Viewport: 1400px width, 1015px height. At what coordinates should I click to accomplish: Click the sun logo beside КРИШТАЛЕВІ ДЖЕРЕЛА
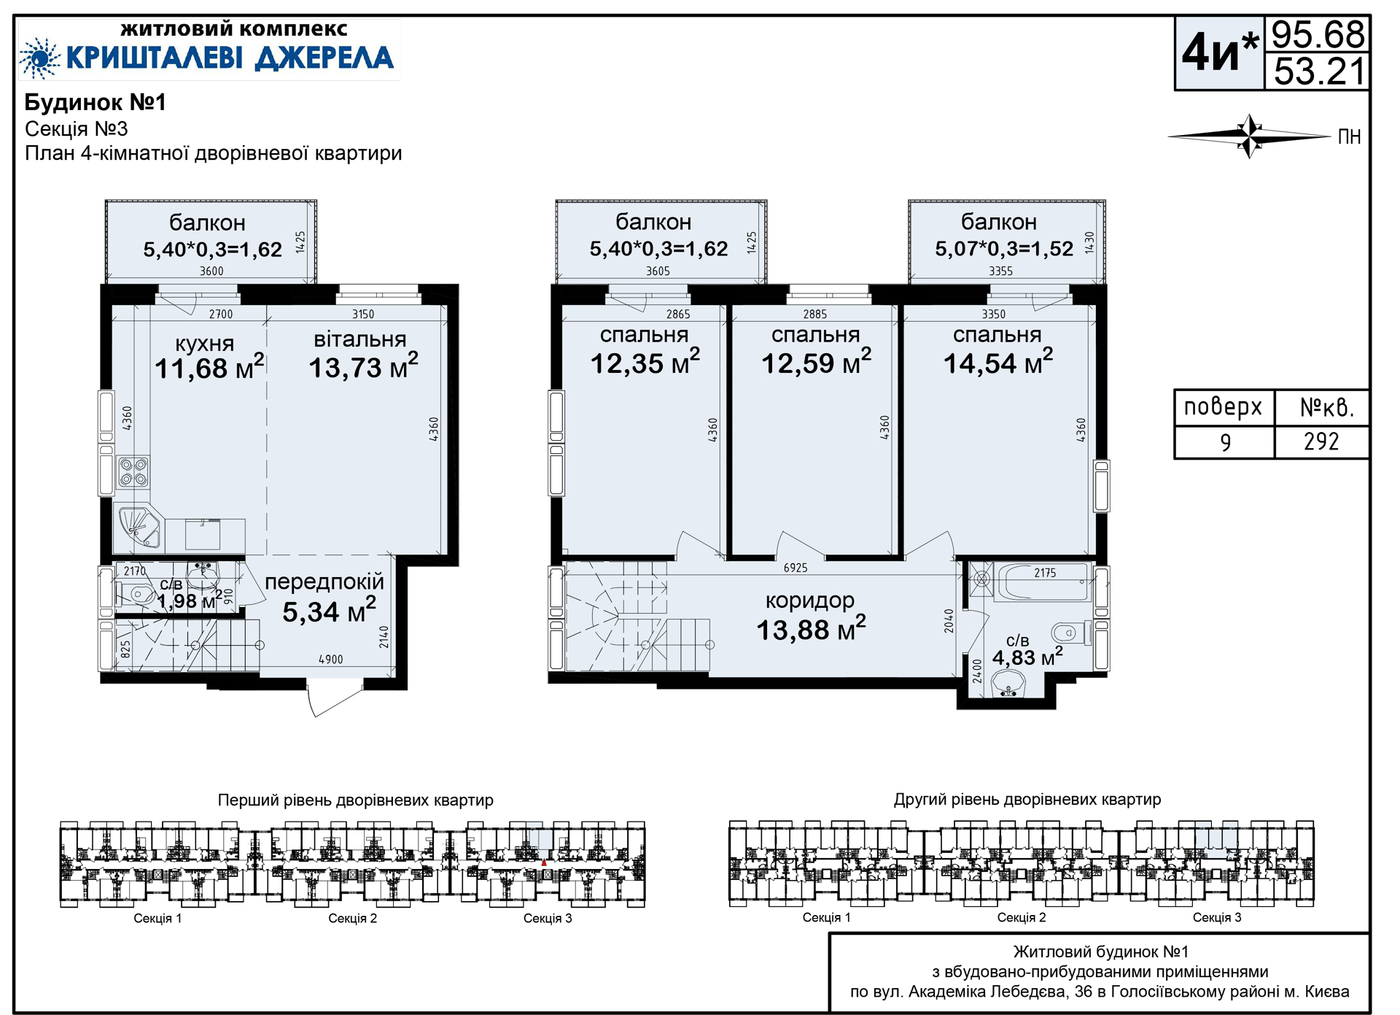pyautogui.click(x=39, y=58)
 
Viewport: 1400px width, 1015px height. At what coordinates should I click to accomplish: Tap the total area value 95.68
pyautogui.click(x=1318, y=34)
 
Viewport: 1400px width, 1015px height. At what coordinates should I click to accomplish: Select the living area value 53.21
pyautogui.click(x=1318, y=72)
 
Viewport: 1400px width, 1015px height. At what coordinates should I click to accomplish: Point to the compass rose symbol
pyautogui.click(x=1250, y=136)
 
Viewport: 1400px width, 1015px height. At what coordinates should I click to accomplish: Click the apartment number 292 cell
pyautogui.click(x=1321, y=441)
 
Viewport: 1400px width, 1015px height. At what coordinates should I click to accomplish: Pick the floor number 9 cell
pyautogui.click(x=1225, y=442)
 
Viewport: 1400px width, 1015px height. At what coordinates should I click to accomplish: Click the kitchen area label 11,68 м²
pyautogui.click(x=209, y=367)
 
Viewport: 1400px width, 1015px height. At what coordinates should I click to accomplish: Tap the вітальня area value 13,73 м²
pyautogui.click(x=363, y=366)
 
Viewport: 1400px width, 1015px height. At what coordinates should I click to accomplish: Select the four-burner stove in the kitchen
pyautogui.click(x=133, y=471)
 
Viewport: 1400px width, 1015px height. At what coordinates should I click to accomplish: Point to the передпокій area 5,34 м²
pyautogui.click(x=330, y=610)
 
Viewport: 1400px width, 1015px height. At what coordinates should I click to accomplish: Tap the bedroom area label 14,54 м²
pyautogui.click(x=998, y=362)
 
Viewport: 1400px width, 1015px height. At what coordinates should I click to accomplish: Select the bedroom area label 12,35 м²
pyautogui.click(x=645, y=362)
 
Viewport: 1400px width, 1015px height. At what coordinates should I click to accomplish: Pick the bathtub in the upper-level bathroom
pyautogui.click(x=1043, y=582)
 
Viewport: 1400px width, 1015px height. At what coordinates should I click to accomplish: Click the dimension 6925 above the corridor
pyautogui.click(x=796, y=568)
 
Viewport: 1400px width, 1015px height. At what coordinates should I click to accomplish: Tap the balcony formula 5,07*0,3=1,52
pyautogui.click(x=1004, y=249)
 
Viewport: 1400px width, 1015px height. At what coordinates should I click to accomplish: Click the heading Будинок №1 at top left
pyautogui.click(x=96, y=102)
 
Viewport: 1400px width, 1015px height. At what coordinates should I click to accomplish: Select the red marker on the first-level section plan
pyautogui.click(x=544, y=862)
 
